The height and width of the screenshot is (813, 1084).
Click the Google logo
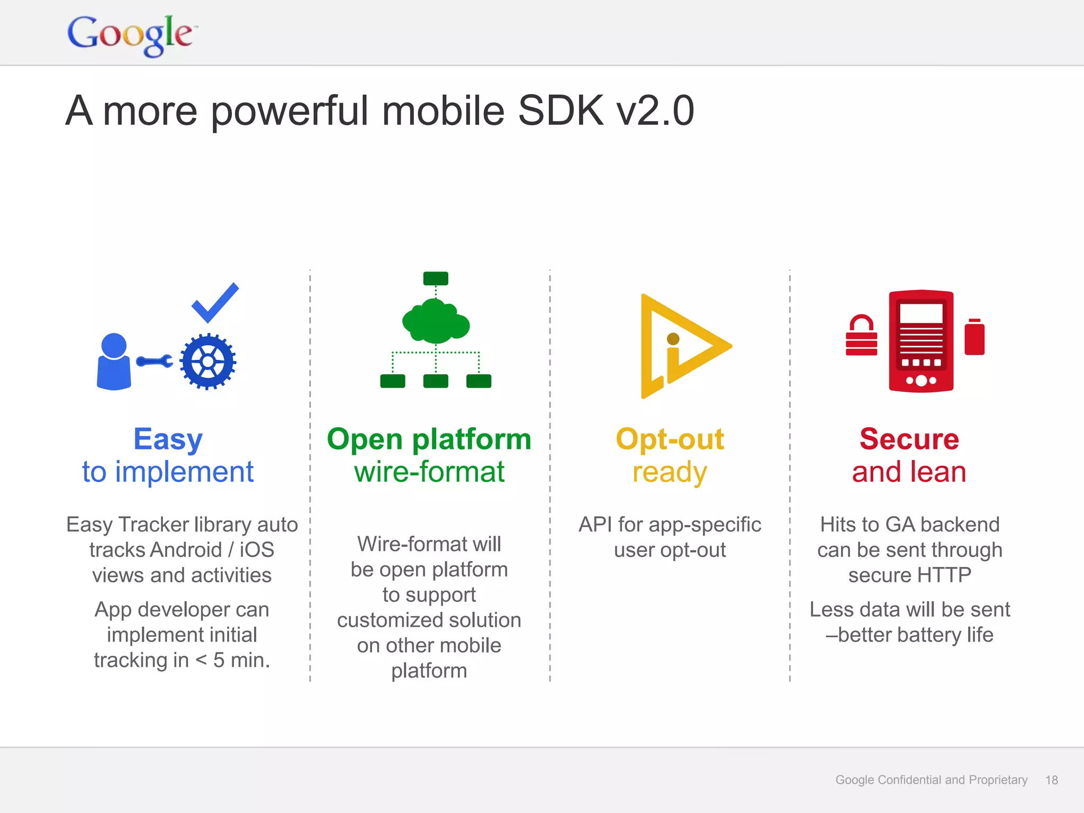tap(130, 34)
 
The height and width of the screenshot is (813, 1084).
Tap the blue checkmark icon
tap(214, 303)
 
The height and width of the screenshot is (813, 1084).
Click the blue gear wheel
tap(207, 362)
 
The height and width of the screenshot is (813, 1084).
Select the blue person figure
tap(114, 362)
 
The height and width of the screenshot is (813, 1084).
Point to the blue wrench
tap(155, 362)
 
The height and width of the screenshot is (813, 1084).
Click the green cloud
tap(436, 322)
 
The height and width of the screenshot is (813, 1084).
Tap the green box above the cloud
tap(436, 278)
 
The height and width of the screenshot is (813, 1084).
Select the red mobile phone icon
tap(921, 341)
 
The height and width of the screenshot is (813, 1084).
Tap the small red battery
tap(974, 337)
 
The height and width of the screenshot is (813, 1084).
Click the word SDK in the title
tap(561, 111)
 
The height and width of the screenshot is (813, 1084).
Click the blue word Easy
tap(168, 439)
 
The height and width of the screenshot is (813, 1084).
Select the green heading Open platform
tap(429, 439)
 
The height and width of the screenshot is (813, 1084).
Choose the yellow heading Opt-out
tap(670, 439)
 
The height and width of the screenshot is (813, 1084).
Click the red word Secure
tap(909, 439)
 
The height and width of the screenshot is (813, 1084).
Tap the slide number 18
tap(1051, 780)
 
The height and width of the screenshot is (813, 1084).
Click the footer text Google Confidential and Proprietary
tap(931, 780)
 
